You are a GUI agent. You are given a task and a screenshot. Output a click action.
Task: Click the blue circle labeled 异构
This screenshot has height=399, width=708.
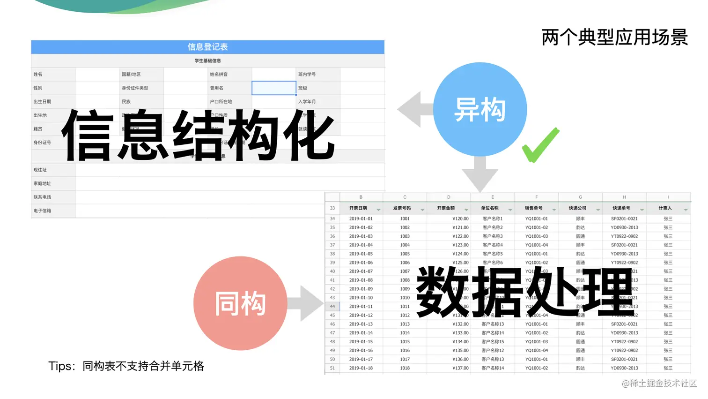pos(480,109)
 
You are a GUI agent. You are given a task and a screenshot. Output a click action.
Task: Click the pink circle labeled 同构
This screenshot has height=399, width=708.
pos(240,303)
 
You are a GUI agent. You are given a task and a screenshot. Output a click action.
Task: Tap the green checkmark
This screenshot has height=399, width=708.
pos(541,145)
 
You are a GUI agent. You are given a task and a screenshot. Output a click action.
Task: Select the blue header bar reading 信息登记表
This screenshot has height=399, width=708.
pos(207,47)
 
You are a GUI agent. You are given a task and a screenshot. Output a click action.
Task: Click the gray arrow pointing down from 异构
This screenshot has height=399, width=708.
pos(480,174)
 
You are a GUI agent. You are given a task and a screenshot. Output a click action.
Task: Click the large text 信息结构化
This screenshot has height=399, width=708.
pos(199,136)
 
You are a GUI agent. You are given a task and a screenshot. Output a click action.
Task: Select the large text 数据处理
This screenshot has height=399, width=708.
pos(525,291)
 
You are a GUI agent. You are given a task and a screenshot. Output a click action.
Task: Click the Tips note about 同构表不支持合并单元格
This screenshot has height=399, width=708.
pos(126,366)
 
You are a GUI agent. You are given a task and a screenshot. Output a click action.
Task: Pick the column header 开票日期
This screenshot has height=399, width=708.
pos(358,208)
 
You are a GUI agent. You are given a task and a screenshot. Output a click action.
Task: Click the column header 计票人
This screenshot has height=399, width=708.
pos(665,208)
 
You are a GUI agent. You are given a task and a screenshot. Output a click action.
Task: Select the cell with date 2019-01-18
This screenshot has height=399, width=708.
pos(361,368)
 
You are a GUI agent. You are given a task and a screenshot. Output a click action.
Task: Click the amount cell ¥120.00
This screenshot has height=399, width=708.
pos(460,218)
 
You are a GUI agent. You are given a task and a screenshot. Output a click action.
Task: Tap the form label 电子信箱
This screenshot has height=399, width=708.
pos(43,211)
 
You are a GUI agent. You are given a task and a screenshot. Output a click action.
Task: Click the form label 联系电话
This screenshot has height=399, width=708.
pos(43,197)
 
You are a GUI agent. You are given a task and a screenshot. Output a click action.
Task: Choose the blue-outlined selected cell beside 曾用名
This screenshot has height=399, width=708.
pos(274,88)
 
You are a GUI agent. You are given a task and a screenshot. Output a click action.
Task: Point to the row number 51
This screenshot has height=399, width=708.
pos(332,368)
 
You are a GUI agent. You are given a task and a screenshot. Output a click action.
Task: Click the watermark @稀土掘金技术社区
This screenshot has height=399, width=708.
pos(659,383)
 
